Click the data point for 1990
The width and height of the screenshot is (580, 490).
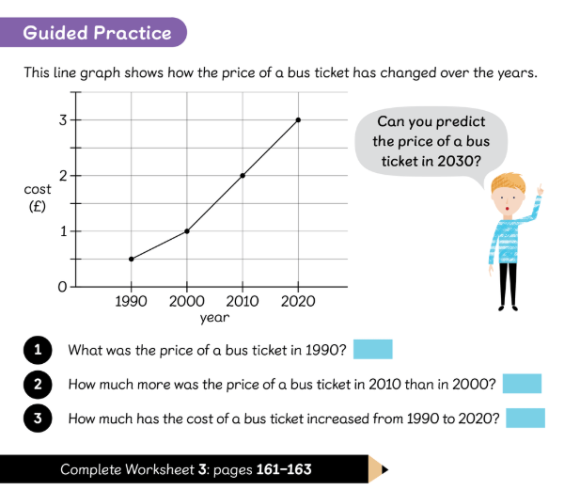132,259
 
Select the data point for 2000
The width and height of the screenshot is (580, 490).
187,231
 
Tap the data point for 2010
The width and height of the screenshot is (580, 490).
243,176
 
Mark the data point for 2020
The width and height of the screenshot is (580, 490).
299,119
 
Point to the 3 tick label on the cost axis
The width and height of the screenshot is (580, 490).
63,119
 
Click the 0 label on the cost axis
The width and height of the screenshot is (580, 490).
63,287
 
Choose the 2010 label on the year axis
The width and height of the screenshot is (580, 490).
243,302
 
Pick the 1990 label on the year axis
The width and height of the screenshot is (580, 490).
131,302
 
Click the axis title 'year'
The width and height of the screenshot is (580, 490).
214,318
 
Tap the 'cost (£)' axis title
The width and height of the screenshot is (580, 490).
38,198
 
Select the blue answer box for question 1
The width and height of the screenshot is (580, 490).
373,349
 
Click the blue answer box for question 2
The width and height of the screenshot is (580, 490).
522,384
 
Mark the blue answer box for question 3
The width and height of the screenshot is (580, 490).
525,418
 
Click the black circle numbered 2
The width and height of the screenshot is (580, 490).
38,384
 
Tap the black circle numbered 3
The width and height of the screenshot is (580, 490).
38,419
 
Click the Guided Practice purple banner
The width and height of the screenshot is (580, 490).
93,32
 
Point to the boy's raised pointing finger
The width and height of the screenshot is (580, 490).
541,189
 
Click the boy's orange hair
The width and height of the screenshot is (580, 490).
508,182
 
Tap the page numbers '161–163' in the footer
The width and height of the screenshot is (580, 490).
284,469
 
